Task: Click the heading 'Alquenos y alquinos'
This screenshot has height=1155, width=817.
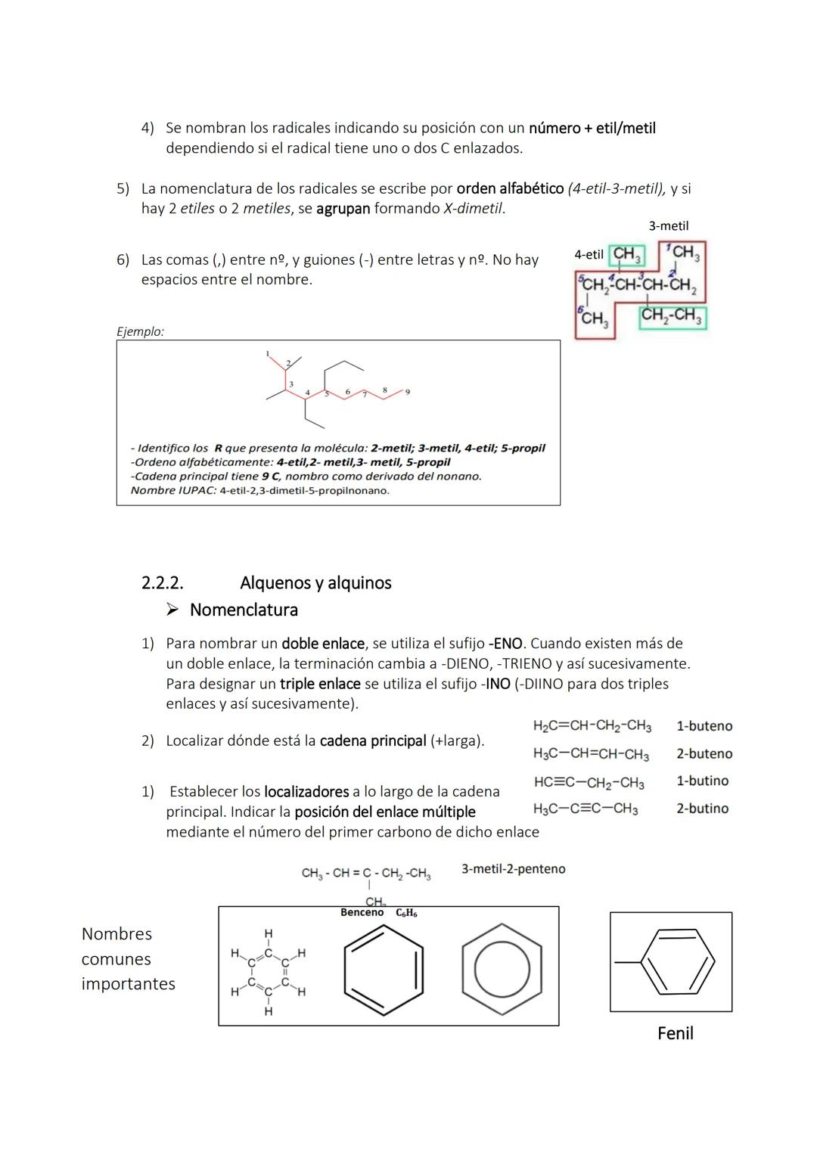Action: [x=315, y=583]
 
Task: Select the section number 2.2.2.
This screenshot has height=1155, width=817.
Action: [x=163, y=583]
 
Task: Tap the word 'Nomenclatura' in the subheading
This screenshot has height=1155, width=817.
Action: [x=244, y=610]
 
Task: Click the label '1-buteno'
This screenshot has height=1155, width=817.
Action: [x=704, y=726]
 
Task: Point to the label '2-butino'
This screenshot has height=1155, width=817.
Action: [x=702, y=809]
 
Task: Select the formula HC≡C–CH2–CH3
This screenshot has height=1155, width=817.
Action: [x=589, y=782]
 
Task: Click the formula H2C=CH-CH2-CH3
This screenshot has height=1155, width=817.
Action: [x=592, y=726]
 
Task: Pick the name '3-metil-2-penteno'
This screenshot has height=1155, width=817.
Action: [x=514, y=869]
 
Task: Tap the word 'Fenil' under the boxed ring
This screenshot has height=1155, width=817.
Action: [x=675, y=1033]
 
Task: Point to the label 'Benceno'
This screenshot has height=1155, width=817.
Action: [x=362, y=913]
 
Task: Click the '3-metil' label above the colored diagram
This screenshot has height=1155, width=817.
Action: [x=669, y=226]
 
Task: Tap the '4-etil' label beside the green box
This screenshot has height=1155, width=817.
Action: [x=589, y=255]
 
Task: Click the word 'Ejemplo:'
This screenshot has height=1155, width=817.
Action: [x=141, y=331]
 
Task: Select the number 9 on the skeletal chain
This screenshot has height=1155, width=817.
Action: [x=408, y=392]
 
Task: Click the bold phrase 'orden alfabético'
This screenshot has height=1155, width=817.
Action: [x=511, y=188]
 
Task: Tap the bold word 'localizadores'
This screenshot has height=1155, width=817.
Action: [x=306, y=792]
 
